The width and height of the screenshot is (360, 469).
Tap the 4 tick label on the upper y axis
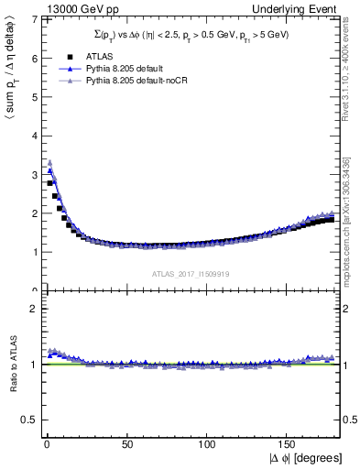click(x=32, y=136)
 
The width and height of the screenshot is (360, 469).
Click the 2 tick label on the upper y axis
click(x=32, y=213)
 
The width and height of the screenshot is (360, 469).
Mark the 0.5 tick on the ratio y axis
click(x=28, y=420)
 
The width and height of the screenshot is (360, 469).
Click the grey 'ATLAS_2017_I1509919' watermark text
click(x=190, y=273)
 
